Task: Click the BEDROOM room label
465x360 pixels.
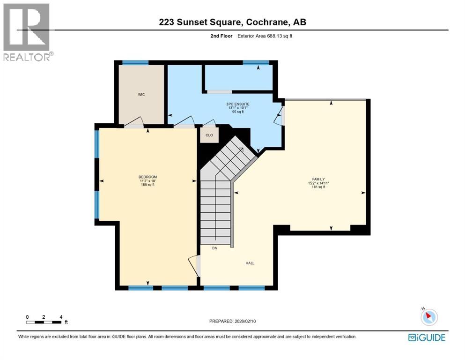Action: [148, 177]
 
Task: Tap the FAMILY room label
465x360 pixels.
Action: [316, 179]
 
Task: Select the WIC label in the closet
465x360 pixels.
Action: [141, 95]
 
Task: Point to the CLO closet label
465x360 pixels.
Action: [209, 135]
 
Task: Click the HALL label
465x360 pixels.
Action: [250, 263]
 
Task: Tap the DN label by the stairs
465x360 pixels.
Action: [214, 248]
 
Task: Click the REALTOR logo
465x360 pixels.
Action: [27, 32]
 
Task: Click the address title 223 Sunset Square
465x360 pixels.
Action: [232, 22]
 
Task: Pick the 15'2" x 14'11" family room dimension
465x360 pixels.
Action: [316, 183]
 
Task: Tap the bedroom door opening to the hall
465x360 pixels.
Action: [195, 265]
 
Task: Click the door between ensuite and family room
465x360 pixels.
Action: [280, 116]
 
